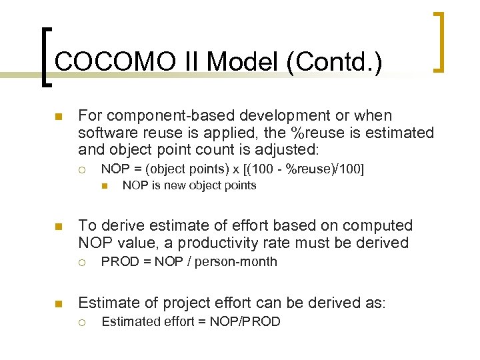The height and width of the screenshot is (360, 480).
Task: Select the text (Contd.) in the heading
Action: pyautogui.click(x=334, y=63)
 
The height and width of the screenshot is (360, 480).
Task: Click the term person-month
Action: pyautogui.click(x=237, y=262)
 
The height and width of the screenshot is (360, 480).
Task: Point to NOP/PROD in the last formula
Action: pyautogui.click(x=251, y=322)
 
